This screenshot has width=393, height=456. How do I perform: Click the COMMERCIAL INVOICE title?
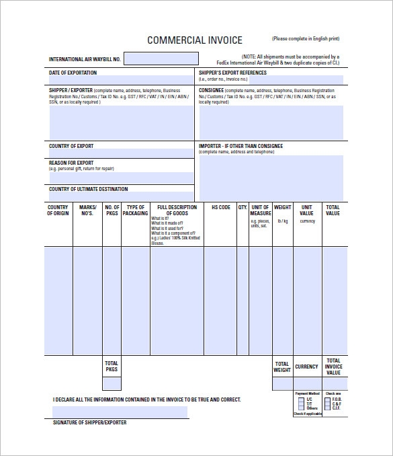coord(194,40)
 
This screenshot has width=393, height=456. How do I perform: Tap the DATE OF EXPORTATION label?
coord(73,73)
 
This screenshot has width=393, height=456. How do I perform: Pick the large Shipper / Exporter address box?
coord(122,120)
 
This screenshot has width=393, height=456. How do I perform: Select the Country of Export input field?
coord(122,153)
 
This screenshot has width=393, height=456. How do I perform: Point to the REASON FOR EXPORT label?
coord(71,163)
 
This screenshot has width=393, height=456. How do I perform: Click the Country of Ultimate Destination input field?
coord(122,196)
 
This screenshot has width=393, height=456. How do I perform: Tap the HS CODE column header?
coord(220,207)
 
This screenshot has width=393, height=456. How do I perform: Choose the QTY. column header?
coord(243,207)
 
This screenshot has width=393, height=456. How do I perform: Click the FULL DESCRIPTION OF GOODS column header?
coord(177,210)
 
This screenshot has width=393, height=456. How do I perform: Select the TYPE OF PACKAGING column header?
coord(136,210)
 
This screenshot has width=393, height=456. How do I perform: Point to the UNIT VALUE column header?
coord(307,210)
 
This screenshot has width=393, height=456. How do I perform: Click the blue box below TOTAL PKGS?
coord(112,383)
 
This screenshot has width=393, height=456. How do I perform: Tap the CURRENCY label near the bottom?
coord(306,367)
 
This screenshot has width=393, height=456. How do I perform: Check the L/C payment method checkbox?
coord(300,399)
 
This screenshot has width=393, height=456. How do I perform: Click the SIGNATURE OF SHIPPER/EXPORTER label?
coord(89,422)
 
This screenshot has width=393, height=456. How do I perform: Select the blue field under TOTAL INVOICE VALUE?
coord(334,383)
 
